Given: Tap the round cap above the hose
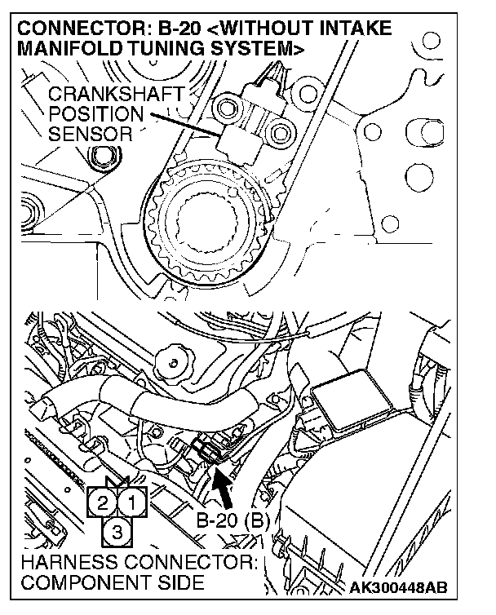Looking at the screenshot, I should [x=173, y=356].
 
